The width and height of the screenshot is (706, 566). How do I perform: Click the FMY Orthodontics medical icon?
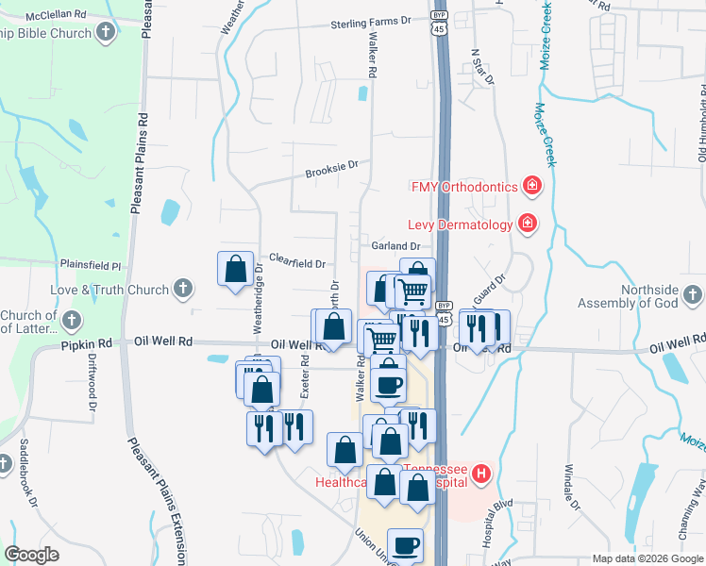(532, 186)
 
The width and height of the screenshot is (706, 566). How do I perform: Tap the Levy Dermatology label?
(459, 225)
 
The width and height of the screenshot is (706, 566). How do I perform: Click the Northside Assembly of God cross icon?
(693, 297)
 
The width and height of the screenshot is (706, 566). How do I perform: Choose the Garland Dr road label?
(395, 246)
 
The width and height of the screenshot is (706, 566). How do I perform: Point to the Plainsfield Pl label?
(92, 267)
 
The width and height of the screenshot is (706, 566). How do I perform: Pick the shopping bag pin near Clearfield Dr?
(235, 270)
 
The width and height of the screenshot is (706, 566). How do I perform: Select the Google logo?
(32, 555)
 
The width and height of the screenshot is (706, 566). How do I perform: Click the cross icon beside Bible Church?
(106, 33)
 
